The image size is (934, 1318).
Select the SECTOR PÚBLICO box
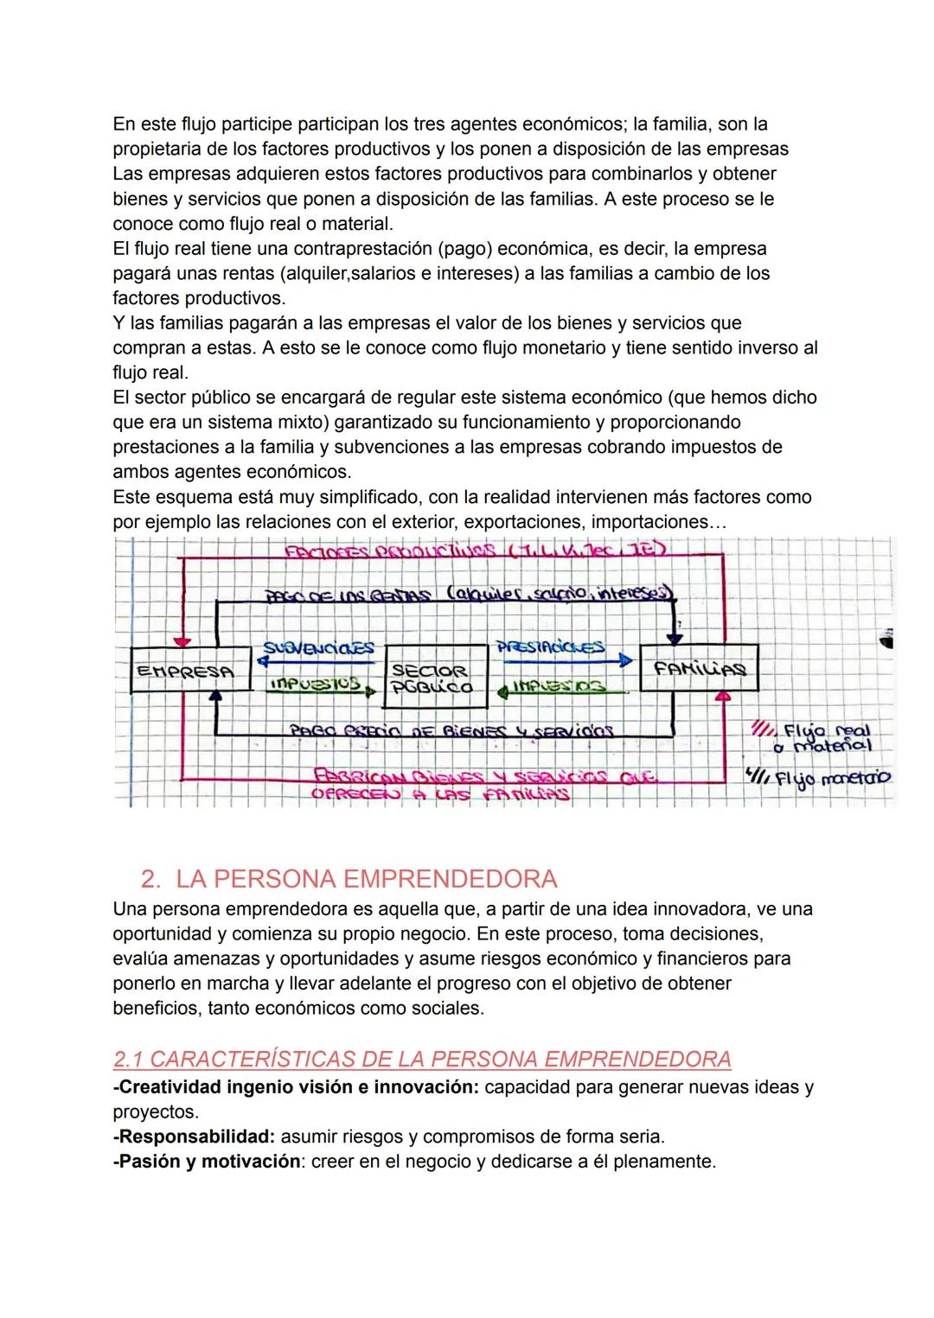(435, 678)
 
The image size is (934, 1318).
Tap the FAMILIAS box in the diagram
(699, 668)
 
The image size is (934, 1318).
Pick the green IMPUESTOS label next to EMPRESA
(312, 684)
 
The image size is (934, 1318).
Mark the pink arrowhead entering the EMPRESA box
(182, 640)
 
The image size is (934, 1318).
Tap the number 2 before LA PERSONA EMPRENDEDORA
(149, 879)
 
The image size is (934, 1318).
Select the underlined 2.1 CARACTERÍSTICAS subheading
(421, 1059)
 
